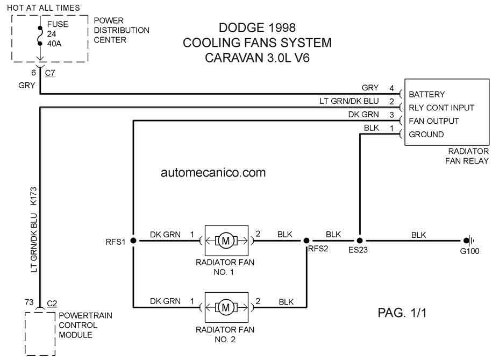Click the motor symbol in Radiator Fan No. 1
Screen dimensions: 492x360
click(x=226, y=241)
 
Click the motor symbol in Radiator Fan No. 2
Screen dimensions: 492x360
click(x=226, y=307)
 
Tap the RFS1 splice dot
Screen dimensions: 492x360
click(x=133, y=241)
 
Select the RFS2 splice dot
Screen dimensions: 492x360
click(x=306, y=241)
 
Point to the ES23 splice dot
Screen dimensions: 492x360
click(x=360, y=241)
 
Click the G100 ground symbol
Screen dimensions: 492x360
click(x=469, y=241)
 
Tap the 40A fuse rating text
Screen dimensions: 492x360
click(x=54, y=44)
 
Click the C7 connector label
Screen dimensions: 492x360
click(x=50, y=73)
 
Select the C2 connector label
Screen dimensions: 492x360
click(x=52, y=303)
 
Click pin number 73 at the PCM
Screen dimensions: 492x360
click(x=29, y=302)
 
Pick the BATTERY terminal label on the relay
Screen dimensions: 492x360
click(x=427, y=94)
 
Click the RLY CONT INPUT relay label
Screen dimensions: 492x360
click(x=441, y=108)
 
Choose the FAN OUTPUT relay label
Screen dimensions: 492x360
click(x=434, y=121)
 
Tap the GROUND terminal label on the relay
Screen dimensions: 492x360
click(x=426, y=135)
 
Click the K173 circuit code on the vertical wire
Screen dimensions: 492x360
click(x=33, y=196)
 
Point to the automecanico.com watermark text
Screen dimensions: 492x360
click(x=213, y=172)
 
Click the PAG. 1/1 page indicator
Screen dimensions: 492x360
click(x=402, y=313)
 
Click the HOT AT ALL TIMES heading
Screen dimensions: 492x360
click(x=44, y=8)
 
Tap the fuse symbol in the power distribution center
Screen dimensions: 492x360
click(x=40, y=36)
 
